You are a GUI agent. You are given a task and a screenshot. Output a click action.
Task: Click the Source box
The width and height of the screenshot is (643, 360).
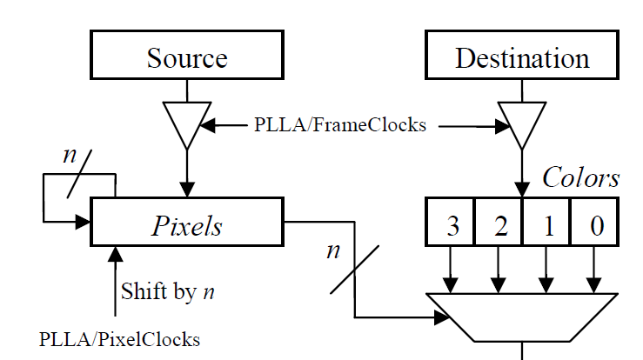pyautogui.click(x=186, y=58)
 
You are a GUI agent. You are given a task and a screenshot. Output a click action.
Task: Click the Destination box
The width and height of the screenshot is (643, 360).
pyautogui.click(x=521, y=58)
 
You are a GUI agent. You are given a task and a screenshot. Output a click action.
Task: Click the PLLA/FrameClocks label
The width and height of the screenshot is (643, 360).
pyautogui.click(x=340, y=125)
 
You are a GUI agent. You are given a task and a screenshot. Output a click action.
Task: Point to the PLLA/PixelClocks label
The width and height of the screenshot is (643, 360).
pyautogui.click(x=119, y=339)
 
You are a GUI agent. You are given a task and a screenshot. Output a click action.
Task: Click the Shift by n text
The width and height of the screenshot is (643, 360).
pyautogui.click(x=168, y=291)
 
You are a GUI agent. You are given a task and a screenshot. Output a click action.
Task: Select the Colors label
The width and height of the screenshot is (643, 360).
pyautogui.click(x=580, y=177)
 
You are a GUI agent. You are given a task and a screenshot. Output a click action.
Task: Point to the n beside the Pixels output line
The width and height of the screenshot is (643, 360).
pyautogui.click(x=332, y=252)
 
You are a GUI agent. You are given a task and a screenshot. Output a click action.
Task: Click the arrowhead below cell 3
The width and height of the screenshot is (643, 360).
pyautogui.click(x=451, y=284)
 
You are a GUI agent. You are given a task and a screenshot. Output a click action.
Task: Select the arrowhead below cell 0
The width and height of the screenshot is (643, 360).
pyautogui.click(x=594, y=284)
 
